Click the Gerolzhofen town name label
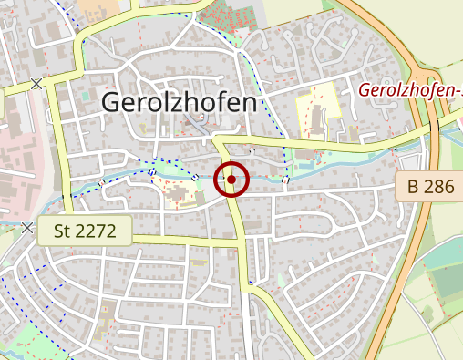(x=179, y=102)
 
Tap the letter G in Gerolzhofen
(x=112, y=102)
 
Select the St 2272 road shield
(x=85, y=231)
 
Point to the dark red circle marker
(x=231, y=180)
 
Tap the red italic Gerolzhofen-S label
(x=410, y=91)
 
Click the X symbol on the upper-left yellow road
(x=36, y=84)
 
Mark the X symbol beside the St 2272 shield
(x=28, y=227)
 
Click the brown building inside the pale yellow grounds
(x=315, y=119)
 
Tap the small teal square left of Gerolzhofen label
(x=85, y=95)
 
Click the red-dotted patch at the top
(x=223, y=15)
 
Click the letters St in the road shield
(x=63, y=231)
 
